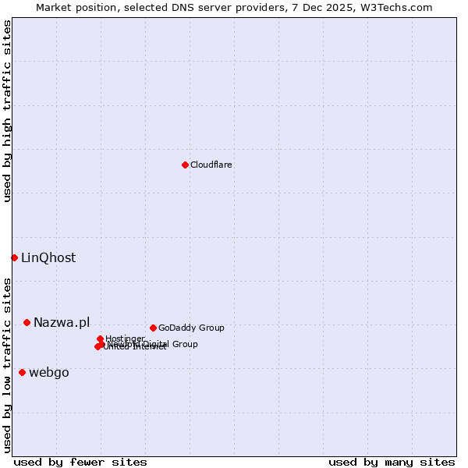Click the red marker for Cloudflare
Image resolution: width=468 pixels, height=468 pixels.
tap(185, 165)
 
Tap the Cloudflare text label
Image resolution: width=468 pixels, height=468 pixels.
tap(211, 165)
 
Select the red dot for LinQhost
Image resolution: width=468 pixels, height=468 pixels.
tap(14, 257)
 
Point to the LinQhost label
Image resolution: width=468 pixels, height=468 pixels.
tap(48, 258)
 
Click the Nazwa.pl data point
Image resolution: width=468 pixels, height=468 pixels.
tap(27, 322)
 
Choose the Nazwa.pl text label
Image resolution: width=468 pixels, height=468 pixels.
tap(62, 323)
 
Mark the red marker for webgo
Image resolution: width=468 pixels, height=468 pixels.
tap(22, 372)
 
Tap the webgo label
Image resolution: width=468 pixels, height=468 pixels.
tap(49, 373)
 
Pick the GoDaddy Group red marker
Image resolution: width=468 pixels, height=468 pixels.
tap(153, 328)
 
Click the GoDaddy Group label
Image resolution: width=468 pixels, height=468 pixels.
tap(191, 328)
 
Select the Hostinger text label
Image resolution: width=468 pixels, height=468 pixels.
tap(126, 338)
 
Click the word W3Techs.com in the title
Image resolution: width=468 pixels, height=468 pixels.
tap(398, 8)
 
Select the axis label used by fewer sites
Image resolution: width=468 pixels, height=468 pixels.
tap(80, 462)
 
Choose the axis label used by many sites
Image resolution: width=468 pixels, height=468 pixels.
tap(392, 462)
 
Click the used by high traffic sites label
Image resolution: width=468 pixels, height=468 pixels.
tap(8, 111)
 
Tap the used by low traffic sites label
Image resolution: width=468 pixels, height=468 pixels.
tap(8, 364)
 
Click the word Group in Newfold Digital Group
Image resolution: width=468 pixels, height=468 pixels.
tap(184, 344)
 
